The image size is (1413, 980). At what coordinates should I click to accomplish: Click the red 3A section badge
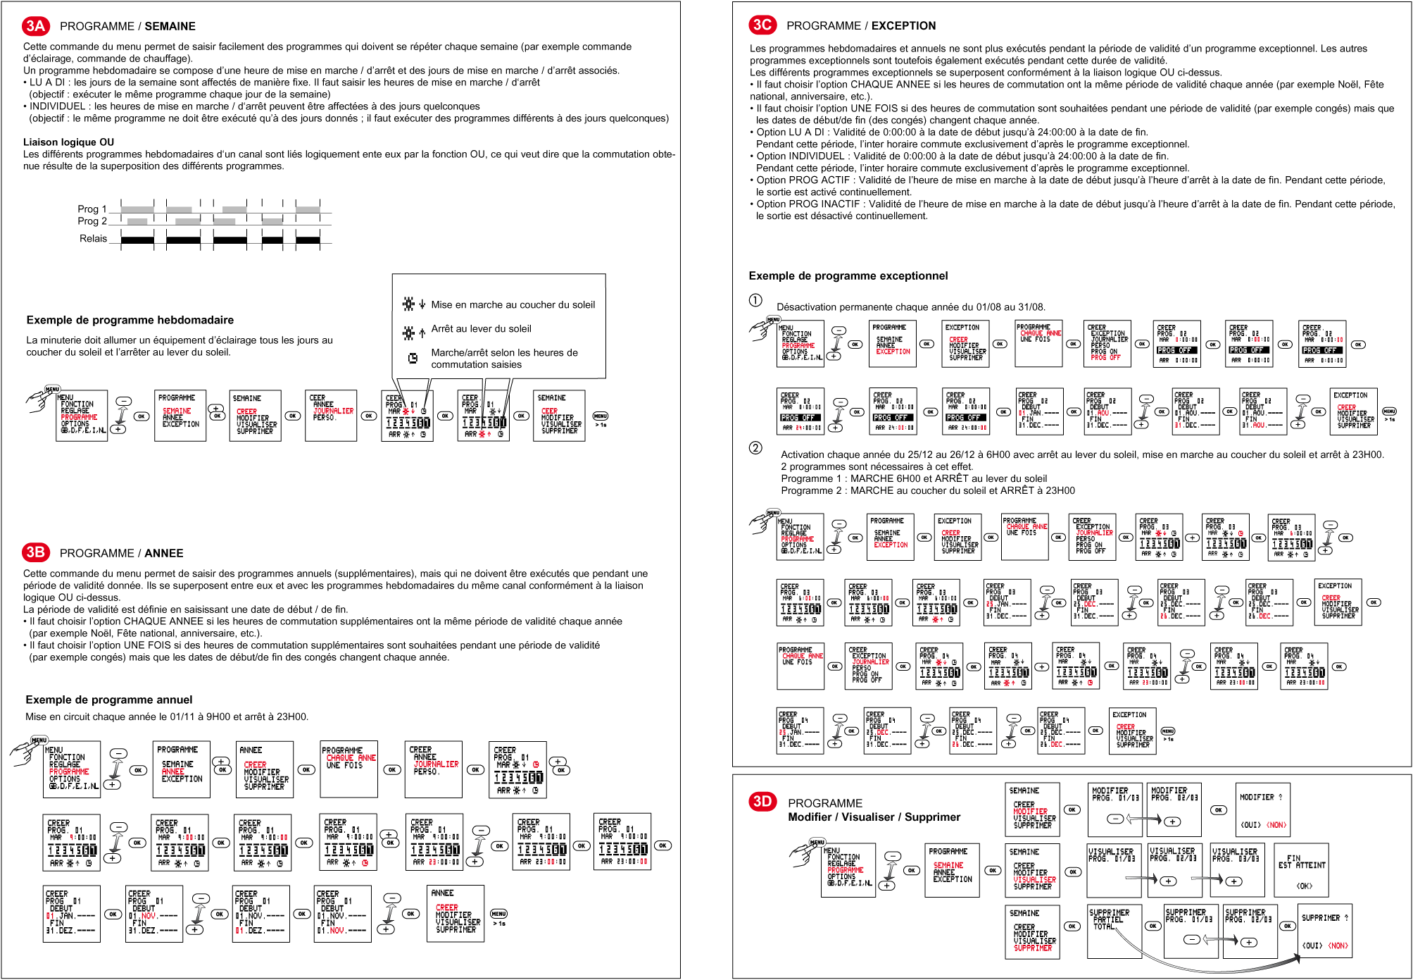click(x=35, y=26)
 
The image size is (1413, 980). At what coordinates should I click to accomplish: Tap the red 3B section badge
click(x=35, y=552)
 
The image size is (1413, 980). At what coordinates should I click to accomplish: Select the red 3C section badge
click(x=762, y=25)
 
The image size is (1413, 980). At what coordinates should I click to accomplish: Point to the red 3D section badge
click(x=762, y=801)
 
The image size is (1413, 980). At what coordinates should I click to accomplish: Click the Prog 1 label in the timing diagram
click(x=92, y=209)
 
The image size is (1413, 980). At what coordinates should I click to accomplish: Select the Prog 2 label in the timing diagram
click(x=92, y=221)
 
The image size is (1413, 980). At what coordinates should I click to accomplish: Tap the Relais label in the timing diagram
click(x=93, y=238)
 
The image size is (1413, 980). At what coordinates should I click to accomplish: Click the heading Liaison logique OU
click(x=68, y=142)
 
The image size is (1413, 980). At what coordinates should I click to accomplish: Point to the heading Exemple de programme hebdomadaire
click(x=130, y=320)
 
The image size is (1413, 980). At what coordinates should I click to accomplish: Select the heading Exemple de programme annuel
click(x=108, y=700)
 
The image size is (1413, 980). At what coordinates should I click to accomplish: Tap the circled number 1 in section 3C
click(x=755, y=300)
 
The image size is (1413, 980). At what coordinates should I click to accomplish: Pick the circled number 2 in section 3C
click(x=755, y=448)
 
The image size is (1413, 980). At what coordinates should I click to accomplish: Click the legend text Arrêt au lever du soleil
click(x=481, y=328)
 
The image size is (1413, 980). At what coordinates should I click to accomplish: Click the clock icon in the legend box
click(x=413, y=358)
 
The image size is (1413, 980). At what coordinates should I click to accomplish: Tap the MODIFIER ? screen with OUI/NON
click(x=1262, y=810)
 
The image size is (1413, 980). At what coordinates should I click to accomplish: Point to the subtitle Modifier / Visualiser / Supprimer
click(x=874, y=817)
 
